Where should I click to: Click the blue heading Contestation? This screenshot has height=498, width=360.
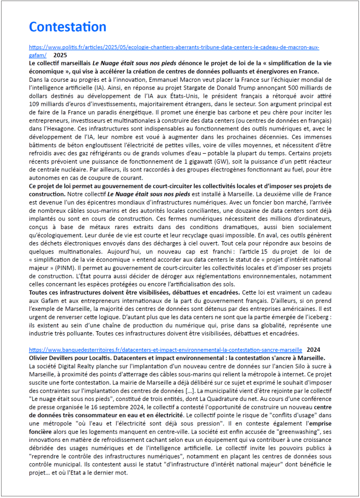(x=67, y=26)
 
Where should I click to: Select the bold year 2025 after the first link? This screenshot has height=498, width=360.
(x=60, y=55)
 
